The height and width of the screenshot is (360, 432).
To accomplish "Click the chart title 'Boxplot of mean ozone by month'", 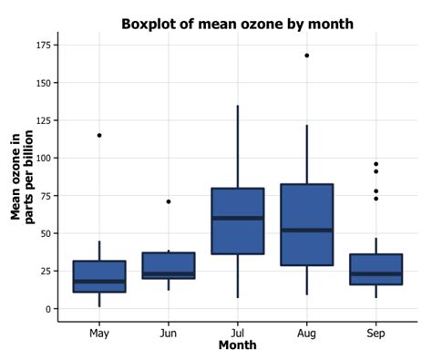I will coord(237,24).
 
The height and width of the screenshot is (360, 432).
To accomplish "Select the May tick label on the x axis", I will coord(99,333).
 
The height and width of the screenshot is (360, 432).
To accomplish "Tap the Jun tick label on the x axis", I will coord(169,333).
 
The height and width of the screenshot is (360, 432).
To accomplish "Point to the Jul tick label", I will coord(238,333).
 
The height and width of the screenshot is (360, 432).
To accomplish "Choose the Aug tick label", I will coord(307,333).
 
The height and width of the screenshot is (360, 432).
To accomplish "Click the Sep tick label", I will coord(375,333).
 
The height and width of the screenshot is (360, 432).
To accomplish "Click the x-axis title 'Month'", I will coord(237,345).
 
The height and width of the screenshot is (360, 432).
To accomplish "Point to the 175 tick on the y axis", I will coord(40,45).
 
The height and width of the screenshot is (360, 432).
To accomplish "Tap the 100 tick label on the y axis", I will coord(40,158).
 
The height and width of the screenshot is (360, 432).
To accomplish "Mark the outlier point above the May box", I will coord(99,135).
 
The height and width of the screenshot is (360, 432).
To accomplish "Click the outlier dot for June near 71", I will coord(169,201).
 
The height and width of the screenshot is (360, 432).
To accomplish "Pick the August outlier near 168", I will coord(307,56).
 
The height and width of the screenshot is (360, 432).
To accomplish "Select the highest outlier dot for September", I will coord(375,164).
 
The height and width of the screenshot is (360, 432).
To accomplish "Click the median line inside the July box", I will coord(238,218).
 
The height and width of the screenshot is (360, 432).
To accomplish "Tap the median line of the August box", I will coord(307,230).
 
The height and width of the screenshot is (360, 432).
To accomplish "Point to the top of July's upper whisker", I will coord(238,106).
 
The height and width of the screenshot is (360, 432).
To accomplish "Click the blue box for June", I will coord(169,264).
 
